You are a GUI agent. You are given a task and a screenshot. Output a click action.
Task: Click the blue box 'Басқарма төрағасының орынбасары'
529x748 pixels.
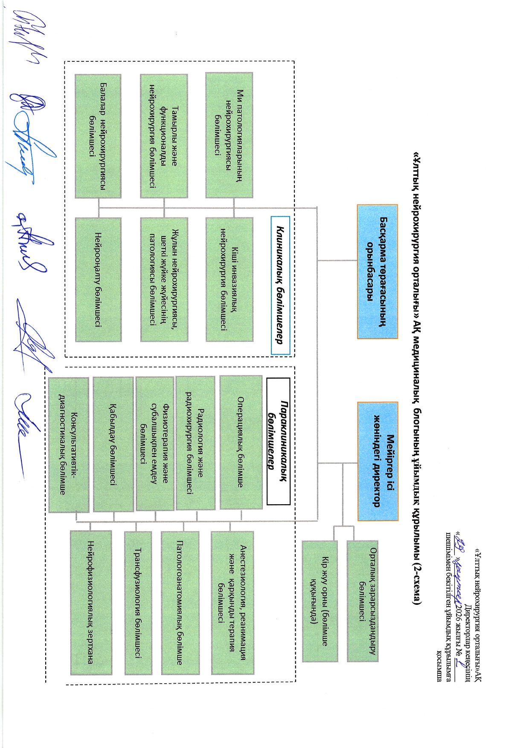point(378,271)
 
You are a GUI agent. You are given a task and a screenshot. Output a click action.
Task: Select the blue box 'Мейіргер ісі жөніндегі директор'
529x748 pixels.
point(378,461)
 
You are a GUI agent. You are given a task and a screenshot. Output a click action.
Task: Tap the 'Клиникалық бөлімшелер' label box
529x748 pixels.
point(280,285)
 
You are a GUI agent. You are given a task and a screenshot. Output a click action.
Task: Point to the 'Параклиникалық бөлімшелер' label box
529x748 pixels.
point(278,441)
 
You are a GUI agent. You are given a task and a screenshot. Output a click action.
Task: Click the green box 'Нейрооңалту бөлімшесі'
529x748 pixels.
point(98,280)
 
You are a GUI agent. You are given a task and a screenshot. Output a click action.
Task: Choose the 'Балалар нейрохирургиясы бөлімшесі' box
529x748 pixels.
point(98,136)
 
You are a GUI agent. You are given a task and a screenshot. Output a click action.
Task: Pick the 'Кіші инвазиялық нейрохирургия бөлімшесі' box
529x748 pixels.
point(229,280)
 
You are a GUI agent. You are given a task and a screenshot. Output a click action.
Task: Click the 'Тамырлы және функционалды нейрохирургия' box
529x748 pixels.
point(164,136)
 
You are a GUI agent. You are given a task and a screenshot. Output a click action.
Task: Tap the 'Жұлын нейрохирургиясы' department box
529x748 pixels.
point(164,280)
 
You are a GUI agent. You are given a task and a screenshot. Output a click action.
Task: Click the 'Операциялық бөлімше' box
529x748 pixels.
point(241,442)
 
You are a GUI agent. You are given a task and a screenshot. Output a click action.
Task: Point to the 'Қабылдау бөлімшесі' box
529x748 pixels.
point(113,444)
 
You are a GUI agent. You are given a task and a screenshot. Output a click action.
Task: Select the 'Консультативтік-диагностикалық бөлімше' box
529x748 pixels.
point(69,445)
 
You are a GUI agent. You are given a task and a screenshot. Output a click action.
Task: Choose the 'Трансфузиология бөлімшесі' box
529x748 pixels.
point(138,603)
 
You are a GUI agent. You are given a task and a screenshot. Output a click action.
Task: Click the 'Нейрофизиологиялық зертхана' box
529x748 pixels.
point(91,602)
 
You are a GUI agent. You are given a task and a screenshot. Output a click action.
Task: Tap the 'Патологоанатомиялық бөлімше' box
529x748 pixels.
point(180,603)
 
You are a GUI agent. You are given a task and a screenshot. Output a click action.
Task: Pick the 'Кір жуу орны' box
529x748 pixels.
point(320,601)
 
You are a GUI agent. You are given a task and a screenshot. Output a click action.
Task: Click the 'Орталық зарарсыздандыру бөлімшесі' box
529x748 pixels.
point(362,601)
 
